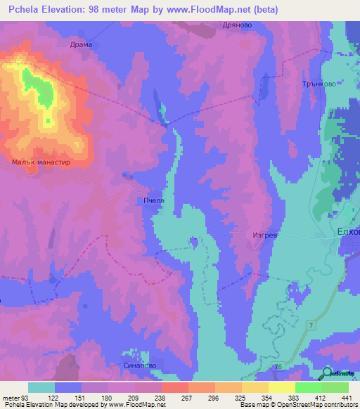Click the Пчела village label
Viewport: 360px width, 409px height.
click(x=154, y=200)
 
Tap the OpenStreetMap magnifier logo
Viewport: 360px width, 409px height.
click(x=328, y=373)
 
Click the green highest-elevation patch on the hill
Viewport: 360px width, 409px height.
click(x=39, y=88)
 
